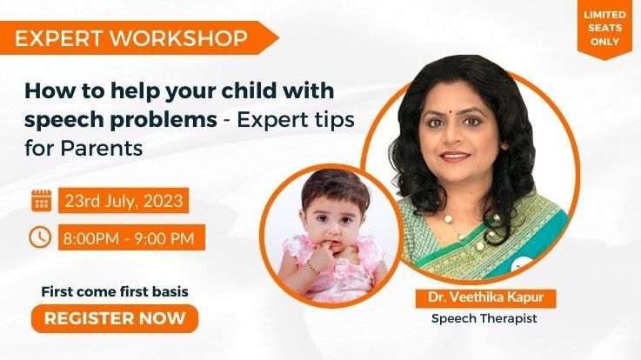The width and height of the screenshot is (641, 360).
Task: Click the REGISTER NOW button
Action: pyautogui.click(x=114, y=318)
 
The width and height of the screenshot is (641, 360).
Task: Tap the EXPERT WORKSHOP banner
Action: pyautogui.click(x=130, y=37)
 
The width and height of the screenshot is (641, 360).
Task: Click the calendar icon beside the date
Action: pyautogui.click(x=41, y=201)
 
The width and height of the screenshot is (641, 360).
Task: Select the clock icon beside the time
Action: pyautogui.click(x=41, y=237)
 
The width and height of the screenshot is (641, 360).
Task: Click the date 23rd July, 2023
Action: pyautogui.click(x=123, y=201)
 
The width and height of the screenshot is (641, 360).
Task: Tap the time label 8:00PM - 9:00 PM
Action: pyautogui.click(x=132, y=237)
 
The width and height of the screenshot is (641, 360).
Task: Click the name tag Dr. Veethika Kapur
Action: pyautogui.click(x=484, y=298)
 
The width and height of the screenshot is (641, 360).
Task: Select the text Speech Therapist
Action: pyautogui.click(x=484, y=318)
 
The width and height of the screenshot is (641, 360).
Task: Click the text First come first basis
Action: pyautogui.click(x=115, y=291)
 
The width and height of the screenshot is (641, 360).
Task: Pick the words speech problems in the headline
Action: pyautogui.click(x=121, y=119)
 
